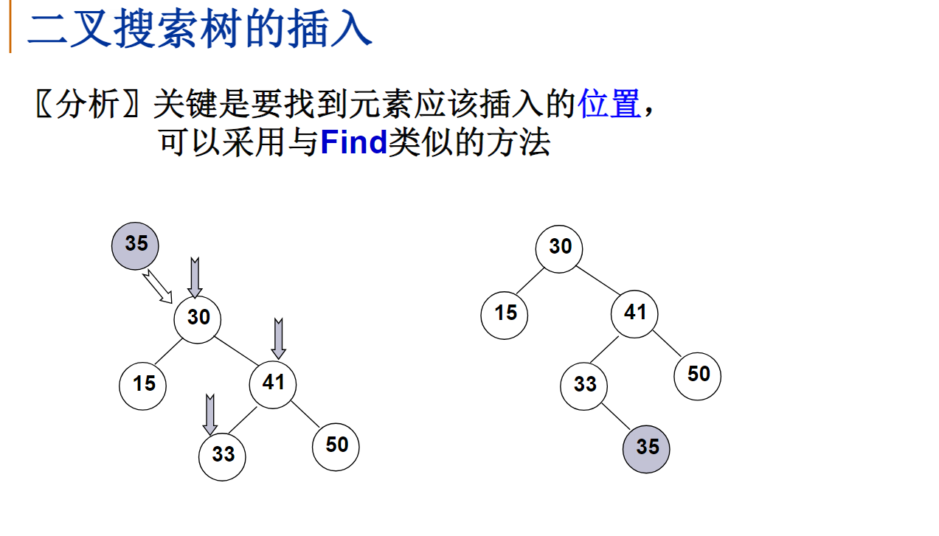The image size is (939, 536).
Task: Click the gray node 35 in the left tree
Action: (x=135, y=246)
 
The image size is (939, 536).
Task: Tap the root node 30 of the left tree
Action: (x=198, y=319)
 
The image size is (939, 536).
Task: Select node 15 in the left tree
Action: (x=143, y=384)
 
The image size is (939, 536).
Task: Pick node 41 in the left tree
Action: (x=273, y=383)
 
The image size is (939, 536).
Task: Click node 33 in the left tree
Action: (x=222, y=456)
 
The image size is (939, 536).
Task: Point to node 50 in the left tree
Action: (x=336, y=446)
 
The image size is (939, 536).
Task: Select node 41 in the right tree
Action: (x=634, y=314)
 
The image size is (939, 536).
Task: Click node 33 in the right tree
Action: (x=583, y=386)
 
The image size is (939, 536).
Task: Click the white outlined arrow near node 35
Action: (x=157, y=287)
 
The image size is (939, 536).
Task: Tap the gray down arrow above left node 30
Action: (x=195, y=278)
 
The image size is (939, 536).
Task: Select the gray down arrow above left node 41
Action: (x=278, y=338)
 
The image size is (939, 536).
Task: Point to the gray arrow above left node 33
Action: (x=210, y=415)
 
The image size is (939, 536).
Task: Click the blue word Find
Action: (x=354, y=142)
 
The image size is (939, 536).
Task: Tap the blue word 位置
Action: (x=609, y=105)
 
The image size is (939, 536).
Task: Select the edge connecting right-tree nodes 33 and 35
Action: (x=615, y=417)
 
